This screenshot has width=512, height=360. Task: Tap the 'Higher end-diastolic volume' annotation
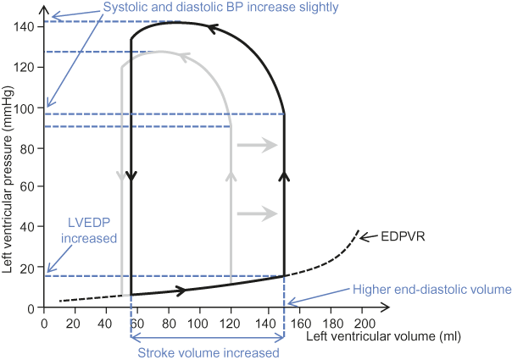click(432, 290)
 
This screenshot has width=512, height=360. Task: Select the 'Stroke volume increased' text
click(208, 352)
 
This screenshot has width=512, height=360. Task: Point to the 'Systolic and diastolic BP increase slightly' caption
click(221, 8)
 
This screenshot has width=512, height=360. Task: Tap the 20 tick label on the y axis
click(31, 268)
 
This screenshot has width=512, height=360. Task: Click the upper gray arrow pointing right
click(258, 146)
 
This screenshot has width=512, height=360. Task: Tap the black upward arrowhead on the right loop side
click(284, 175)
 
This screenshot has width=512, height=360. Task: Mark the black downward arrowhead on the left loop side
click(131, 176)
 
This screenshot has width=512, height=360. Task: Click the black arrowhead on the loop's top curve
click(214, 29)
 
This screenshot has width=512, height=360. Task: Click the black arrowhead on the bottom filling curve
click(181, 291)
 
